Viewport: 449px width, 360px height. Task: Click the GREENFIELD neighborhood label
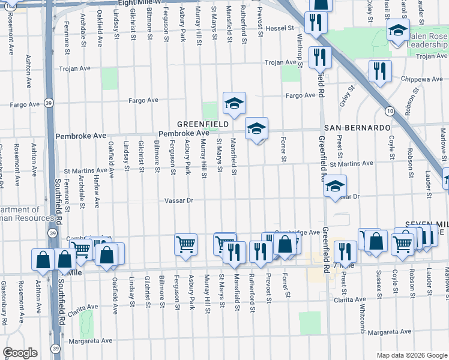coord(202,124)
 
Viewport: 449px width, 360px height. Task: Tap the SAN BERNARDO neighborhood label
coord(357,128)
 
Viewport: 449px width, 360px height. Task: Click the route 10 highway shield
coord(390,112)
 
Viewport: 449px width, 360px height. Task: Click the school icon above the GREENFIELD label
coord(234,103)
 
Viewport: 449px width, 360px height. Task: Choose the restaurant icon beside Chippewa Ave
coord(379,71)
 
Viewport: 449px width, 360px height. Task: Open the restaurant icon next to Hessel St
coord(314,22)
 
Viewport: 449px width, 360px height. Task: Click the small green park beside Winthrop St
coord(290,73)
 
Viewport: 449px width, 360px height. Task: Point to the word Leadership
coord(427,45)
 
